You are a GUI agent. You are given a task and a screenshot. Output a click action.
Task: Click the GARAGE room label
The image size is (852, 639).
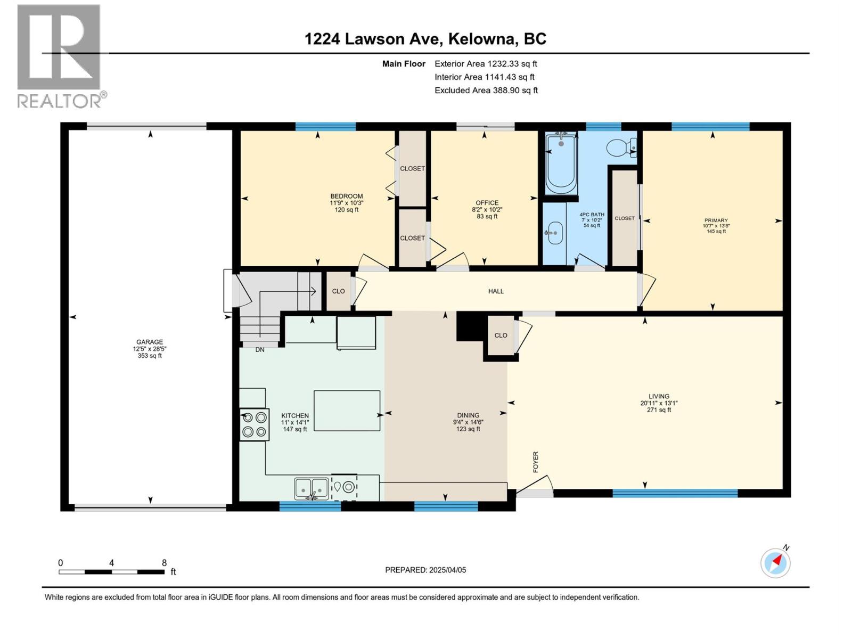149,342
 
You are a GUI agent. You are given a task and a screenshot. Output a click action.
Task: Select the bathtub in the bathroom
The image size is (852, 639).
560,163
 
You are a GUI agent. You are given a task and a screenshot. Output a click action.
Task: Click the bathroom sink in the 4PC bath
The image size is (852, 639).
555,233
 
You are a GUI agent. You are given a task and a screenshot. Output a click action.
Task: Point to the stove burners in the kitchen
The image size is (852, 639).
254,424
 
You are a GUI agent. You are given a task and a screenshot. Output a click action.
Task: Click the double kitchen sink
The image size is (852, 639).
312,488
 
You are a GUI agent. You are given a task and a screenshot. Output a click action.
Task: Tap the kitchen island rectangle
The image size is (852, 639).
347,411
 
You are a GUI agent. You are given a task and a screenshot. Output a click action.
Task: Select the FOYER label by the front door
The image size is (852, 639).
536,462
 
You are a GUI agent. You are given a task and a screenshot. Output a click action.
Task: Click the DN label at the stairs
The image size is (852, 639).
260,350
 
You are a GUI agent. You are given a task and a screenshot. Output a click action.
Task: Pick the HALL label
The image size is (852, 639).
496,291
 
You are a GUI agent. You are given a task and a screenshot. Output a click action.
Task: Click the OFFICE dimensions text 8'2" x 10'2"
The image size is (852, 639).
487,210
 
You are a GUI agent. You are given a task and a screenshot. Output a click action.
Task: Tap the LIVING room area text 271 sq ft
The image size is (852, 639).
659,410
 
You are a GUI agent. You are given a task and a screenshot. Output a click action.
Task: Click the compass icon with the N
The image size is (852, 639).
776,563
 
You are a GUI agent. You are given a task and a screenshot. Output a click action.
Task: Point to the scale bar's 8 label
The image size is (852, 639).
164,563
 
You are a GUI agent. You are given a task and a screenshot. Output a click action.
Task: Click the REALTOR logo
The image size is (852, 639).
60,56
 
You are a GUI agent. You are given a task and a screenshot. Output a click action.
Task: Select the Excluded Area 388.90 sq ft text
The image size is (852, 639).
486,91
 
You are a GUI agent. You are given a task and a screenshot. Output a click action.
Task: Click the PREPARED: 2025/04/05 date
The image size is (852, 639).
425,570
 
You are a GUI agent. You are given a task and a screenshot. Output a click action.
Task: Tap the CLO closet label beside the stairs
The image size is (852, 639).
338,291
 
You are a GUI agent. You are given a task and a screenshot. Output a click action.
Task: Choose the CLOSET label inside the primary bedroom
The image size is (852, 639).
624,218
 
